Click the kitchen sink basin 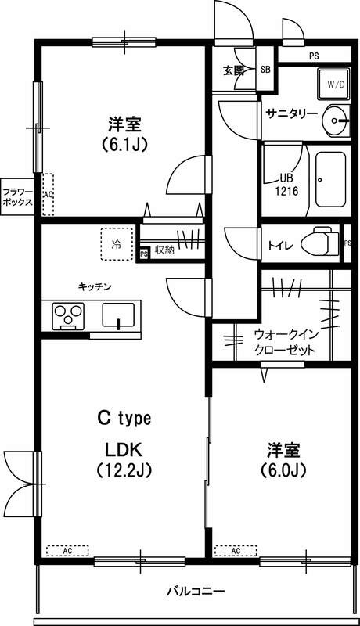coord(118,316)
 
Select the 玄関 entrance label coord(233,70)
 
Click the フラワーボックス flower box coord(16,196)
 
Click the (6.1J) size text coord(124,144)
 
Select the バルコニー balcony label coord(196,590)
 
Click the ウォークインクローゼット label coord(286,341)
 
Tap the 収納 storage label coord(164,250)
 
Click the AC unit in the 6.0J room coord(235,550)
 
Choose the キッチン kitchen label coord(94,286)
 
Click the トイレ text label coord(280,245)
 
